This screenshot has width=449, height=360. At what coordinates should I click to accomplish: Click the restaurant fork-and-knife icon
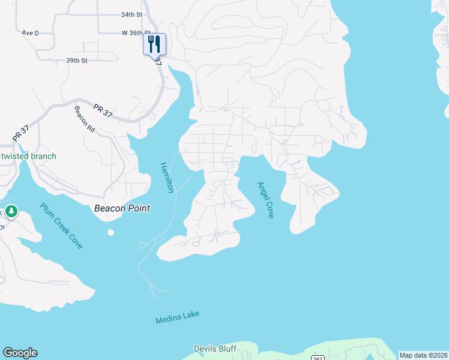pos(154,43)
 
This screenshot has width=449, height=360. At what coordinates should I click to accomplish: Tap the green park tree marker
pos(11,211)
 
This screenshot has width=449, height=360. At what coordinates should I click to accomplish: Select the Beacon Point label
pos(122,208)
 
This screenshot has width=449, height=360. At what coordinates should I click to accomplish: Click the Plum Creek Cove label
pos(61,226)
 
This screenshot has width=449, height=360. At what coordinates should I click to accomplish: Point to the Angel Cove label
pos(265,200)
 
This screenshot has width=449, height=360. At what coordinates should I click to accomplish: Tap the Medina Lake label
pos(177,317)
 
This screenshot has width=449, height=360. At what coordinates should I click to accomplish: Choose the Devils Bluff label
pos(215,349)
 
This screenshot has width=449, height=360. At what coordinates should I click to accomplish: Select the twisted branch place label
pos(29,156)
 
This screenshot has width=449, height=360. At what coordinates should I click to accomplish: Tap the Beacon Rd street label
pos(85,119)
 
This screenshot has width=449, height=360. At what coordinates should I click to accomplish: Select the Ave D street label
pos(30,33)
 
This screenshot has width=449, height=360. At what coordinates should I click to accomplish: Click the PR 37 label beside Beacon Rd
pos(103,110)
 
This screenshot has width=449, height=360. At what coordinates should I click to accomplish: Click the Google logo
pos(20,353)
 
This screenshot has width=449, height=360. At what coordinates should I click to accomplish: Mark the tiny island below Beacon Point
pos(110,232)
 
